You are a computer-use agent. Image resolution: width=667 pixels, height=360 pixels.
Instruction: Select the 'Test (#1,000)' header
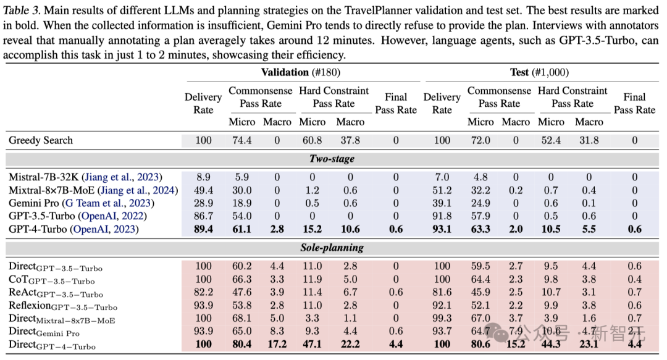539,72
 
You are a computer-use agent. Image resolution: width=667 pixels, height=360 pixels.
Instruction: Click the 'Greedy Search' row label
41,140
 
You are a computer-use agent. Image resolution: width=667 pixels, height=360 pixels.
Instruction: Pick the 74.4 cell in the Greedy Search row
241,140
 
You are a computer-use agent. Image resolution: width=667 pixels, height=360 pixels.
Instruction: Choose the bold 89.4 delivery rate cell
203,229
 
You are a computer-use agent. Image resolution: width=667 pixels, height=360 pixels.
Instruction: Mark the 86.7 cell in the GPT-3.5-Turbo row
203,216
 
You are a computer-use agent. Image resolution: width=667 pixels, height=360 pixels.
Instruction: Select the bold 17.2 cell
277,344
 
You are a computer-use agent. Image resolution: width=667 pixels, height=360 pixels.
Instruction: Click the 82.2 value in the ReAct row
203,292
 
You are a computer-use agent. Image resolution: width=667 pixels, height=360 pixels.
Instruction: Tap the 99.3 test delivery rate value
442,318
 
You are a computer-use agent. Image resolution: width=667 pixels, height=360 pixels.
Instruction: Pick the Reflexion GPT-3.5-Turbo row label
62,306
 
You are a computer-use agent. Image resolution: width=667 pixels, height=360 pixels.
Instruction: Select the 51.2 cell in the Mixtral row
442,190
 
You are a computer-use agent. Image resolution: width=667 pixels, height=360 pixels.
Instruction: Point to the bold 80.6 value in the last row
480,344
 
